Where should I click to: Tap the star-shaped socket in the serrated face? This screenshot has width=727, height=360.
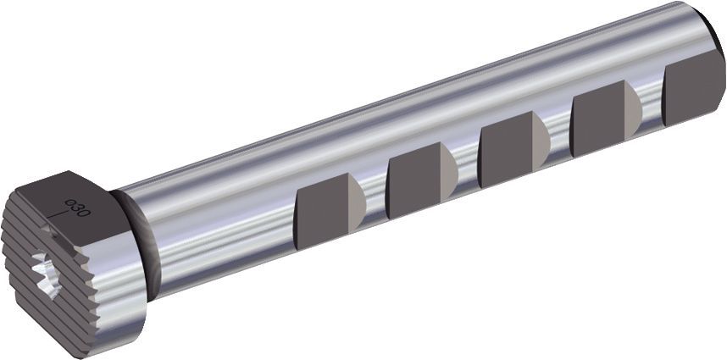click(x=43, y=278)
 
